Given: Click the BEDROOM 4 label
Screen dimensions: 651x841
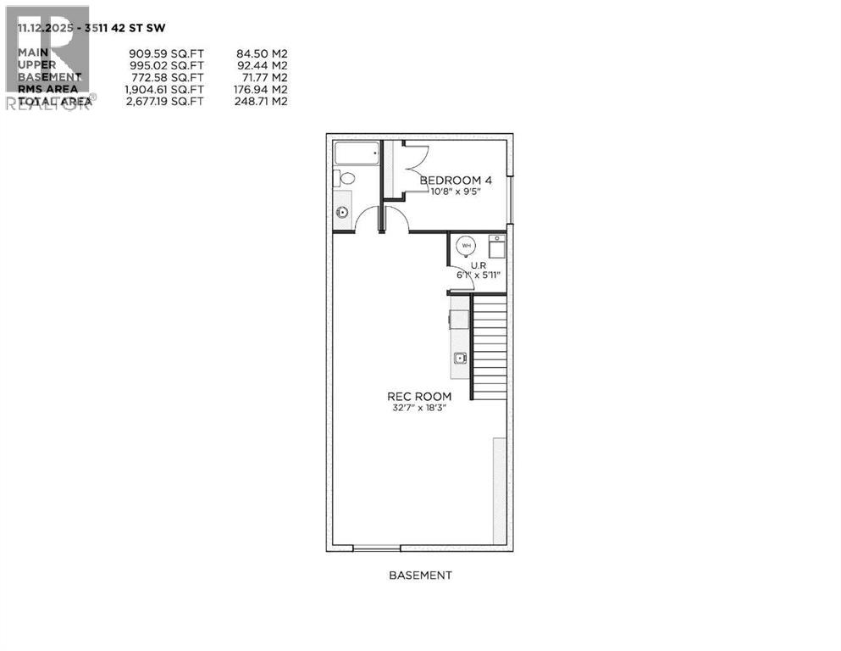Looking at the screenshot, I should pos(456,180).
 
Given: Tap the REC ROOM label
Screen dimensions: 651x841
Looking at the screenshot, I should pos(418,396).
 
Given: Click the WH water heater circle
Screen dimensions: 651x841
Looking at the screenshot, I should pos(465,246).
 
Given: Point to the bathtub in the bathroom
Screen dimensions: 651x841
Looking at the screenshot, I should pos(357,153).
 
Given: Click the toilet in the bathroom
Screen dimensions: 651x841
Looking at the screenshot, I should pos(346,179).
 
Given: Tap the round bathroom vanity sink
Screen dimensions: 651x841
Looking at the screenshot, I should pos(342,212).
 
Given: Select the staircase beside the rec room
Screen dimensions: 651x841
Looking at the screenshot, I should pos(489,348).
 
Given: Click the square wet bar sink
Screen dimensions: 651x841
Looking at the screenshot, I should pos(460,358).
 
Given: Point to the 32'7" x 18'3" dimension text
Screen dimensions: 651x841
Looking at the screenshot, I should pos(418,408).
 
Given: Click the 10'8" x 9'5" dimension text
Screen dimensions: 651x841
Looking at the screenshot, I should pos(456,191).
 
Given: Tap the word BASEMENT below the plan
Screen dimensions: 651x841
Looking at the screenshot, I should pos(420,575).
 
